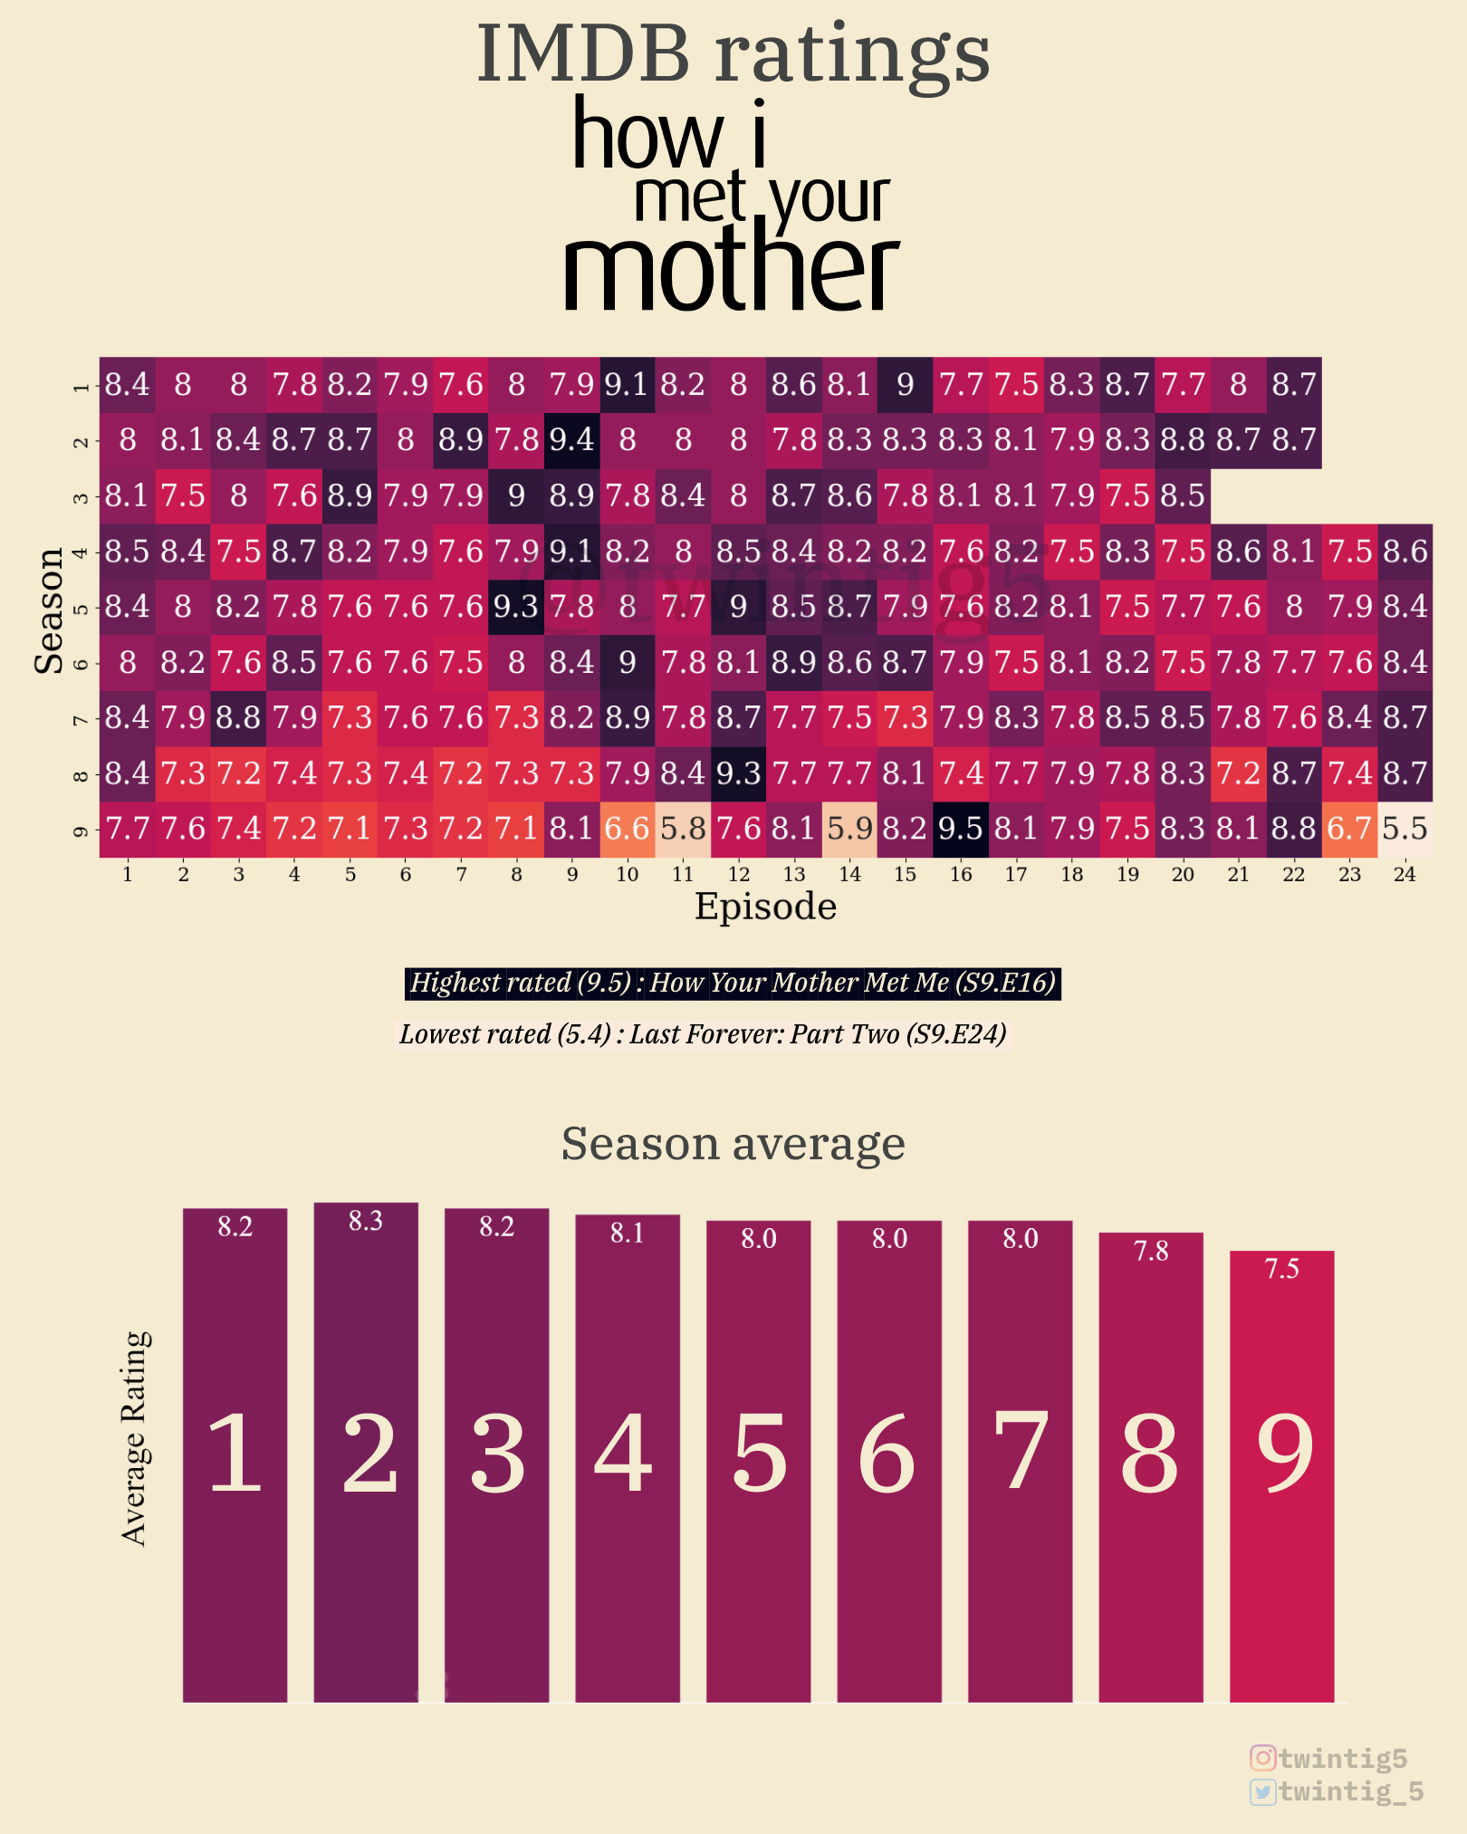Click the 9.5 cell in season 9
[960, 829]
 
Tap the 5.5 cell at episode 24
[1405, 829]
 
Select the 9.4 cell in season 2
[571, 440]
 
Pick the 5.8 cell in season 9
[683, 829]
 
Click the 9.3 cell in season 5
[516, 607]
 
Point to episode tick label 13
[794, 875]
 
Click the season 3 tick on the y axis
[81, 496]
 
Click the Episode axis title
[765, 907]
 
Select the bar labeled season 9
[1281, 1476]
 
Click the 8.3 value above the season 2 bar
[366, 1222]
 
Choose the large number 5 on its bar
[759, 1455]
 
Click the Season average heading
[733, 1144]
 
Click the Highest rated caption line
[733, 983]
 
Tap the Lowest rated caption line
[703, 1034]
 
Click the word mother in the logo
[730, 271]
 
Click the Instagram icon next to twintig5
[1262, 1758]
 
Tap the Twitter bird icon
[1262, 1791]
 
